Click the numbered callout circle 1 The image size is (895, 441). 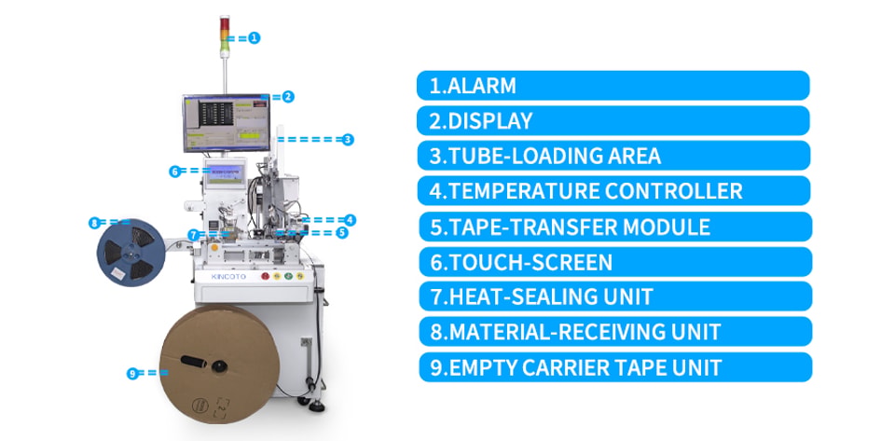click(255, 38)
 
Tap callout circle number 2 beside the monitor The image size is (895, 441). click(288, 97)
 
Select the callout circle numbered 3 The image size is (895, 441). click(348, 139)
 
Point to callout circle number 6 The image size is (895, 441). click(175, 172)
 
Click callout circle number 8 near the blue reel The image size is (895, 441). click(94, 223)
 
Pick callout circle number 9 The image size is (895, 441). click(132, 374)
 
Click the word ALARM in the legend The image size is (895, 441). click(482, 86)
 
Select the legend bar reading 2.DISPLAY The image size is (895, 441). click(613, 120)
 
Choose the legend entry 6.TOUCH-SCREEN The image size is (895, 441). click(615, 262)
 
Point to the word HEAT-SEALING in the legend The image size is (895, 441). click(524, 296)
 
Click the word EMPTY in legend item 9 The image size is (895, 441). click(484, 367)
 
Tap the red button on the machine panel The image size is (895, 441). click(265, 276)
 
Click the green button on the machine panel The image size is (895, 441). click(289, 276)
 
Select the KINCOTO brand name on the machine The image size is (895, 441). click(228, 277)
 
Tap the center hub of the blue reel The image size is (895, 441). click(131, 251)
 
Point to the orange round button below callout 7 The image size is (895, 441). click(214, 248)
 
